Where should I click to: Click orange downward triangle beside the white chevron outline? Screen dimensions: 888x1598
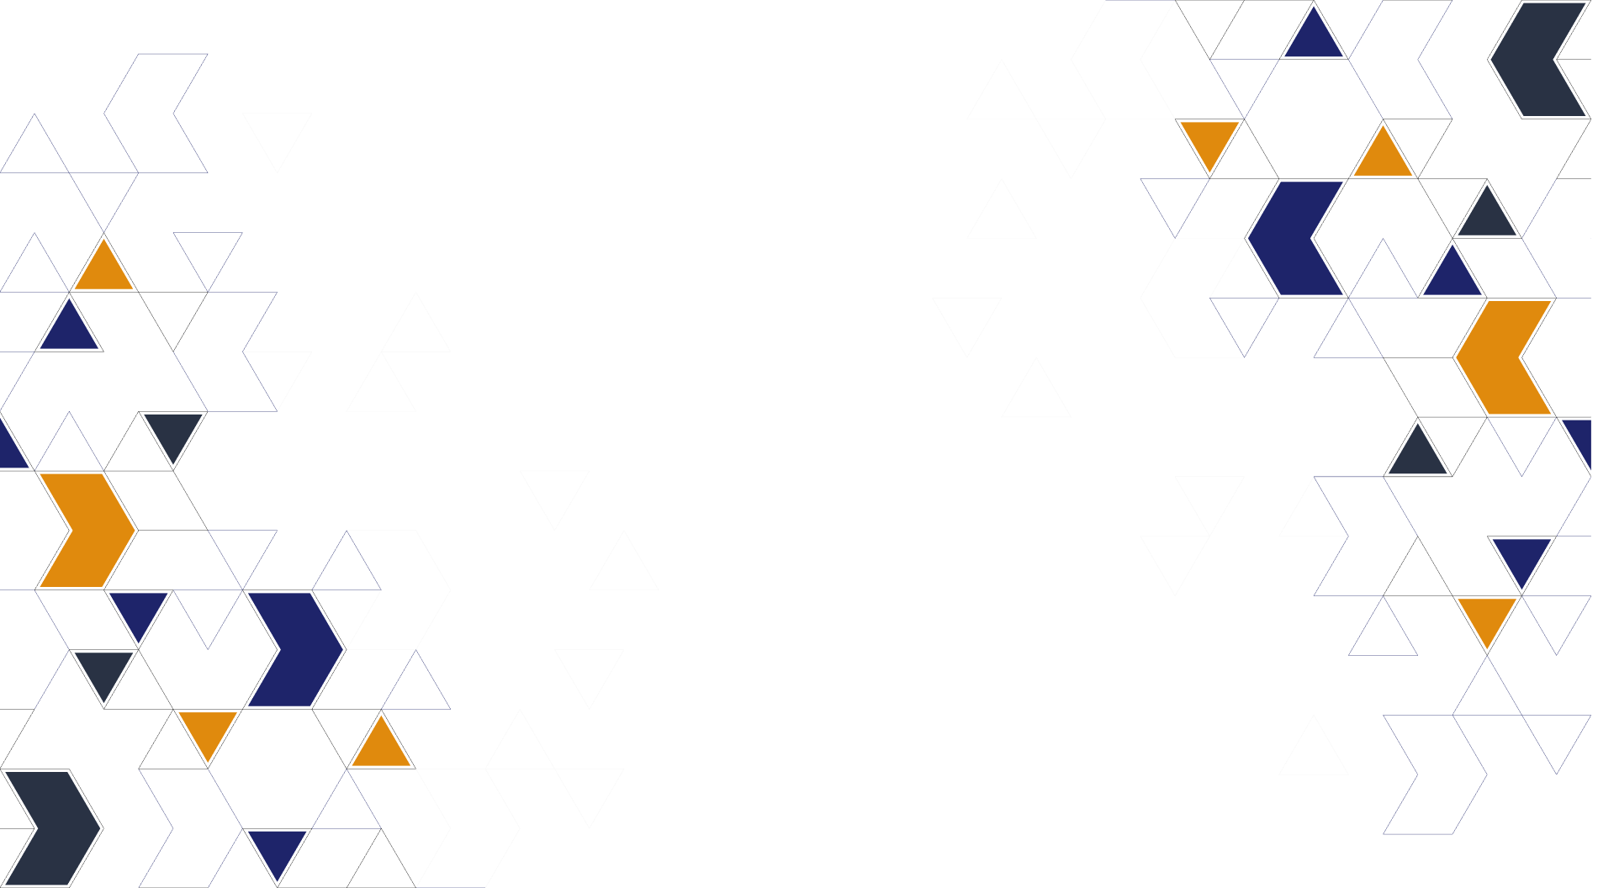click(1209, 140)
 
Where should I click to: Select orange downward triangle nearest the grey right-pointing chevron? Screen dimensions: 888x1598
click(208, 731)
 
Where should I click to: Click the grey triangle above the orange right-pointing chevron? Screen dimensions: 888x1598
click(173, 431)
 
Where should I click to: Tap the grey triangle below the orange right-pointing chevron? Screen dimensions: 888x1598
click(104, 670)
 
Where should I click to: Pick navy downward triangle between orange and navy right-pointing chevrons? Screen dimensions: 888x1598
click(139, 611)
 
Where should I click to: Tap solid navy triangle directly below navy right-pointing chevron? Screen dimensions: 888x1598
click(277, 849)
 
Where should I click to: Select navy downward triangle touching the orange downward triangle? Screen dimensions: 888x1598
click(1521, 558)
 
